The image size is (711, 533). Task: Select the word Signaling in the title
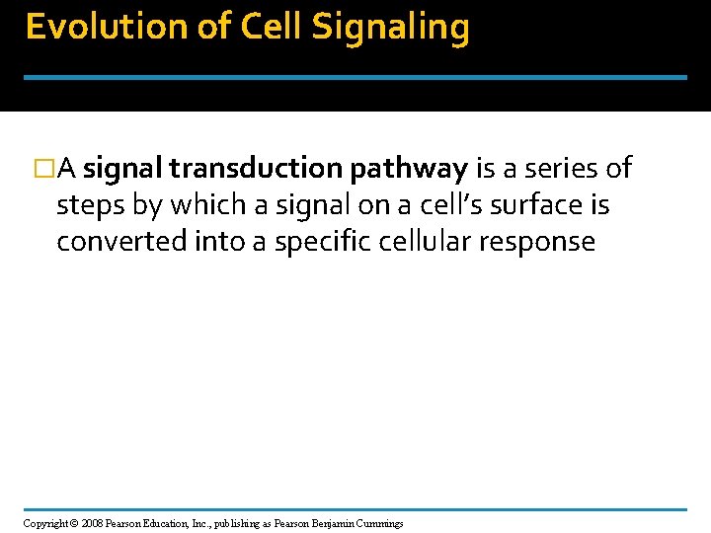[x=390, y=28]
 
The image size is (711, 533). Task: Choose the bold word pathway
[x=407, y=170]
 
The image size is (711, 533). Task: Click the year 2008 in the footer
[x=92, y=523]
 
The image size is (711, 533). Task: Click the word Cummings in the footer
[x=380, y=523]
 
